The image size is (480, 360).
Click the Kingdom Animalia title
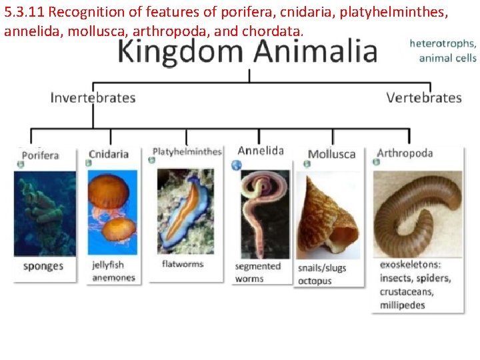(247, 52)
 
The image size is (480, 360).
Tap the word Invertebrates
(93, 98)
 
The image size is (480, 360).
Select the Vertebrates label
(423, 98)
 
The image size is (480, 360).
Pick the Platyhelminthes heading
(187, 151)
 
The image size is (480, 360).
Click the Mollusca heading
(331, 155)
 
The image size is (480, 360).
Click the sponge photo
(45, 213)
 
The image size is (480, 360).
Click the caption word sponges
(43, 267)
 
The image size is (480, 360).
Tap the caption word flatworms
(183, 264)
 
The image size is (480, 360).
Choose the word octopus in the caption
(315, 281)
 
